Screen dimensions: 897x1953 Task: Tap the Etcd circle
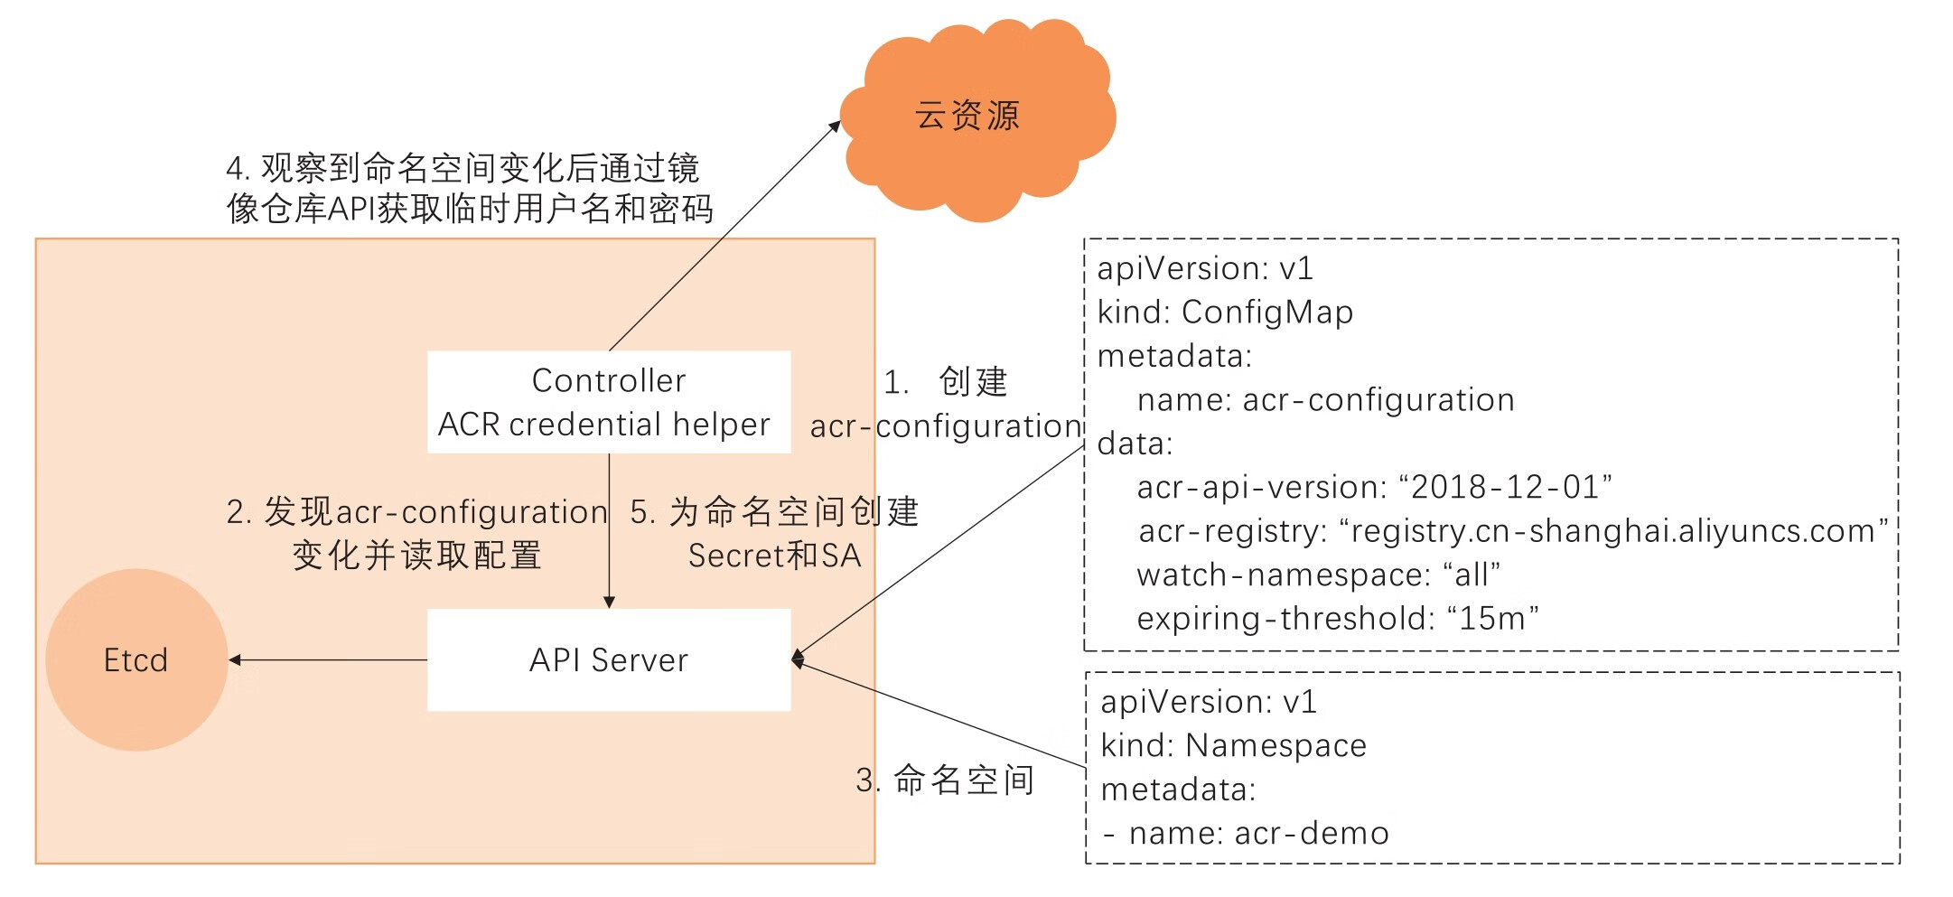136,660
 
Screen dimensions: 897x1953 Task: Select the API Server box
609,660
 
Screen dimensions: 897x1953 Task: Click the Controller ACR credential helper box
609,402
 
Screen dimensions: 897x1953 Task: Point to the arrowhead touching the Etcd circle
235,660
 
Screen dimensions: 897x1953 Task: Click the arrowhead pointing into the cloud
836,126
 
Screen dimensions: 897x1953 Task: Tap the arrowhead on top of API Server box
609,602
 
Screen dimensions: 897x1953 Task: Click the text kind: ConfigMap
1225,313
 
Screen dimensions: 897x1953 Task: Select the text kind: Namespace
1233,746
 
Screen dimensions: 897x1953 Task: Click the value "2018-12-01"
1506,488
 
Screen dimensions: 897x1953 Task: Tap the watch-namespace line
1318,575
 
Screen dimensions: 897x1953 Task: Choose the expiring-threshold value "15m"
1492,619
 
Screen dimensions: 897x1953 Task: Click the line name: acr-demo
1258,833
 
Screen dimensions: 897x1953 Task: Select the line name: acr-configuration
1325,400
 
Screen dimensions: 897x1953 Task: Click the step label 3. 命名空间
945,780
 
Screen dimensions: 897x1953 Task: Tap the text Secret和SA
774,556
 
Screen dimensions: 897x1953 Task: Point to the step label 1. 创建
945,382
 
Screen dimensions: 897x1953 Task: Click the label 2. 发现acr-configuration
416,512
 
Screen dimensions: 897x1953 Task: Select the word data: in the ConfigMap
1135,444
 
